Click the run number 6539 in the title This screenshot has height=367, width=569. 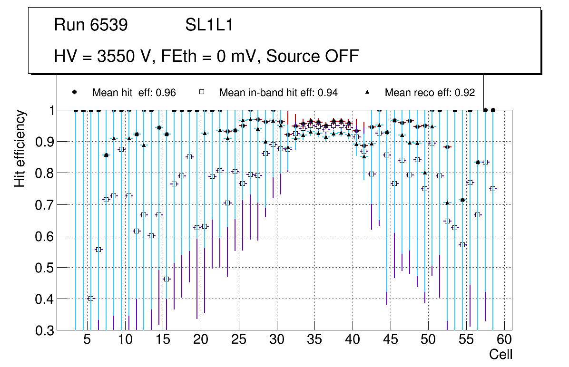pos(108,25)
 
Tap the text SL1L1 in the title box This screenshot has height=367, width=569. pos(209,25)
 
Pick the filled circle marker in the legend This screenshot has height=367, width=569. pos(74,92)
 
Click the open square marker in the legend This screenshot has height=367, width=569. pos(202,92)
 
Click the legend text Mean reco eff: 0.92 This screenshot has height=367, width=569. pos(430,92)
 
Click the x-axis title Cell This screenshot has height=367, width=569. pos(501,354)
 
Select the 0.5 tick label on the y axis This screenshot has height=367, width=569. pos(45,267)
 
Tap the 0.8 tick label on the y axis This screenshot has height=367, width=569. pos(45,173)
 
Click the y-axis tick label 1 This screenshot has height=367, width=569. pos(49,110)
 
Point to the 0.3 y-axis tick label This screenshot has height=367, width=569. pos(45,330)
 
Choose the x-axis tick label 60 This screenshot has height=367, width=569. pos(504,340)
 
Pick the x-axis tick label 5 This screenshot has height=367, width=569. pos(87,340)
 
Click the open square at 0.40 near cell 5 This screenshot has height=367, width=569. pos(91,299)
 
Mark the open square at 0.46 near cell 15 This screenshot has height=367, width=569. pos(167,279)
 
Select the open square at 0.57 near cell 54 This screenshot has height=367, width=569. pos(462,245)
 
